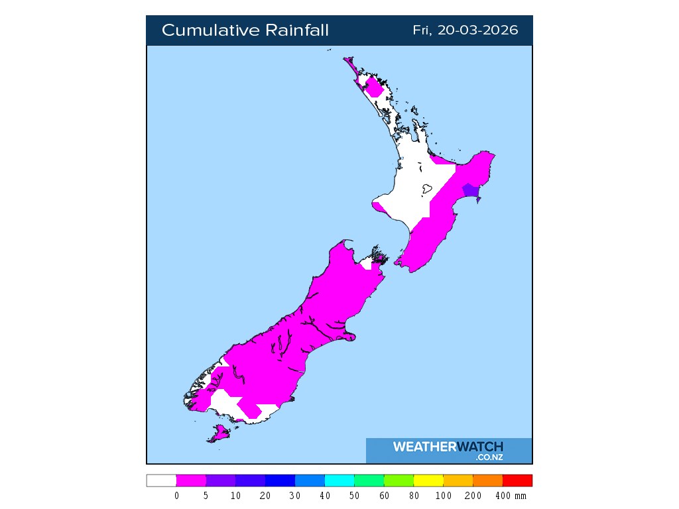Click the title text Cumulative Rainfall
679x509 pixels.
click(x=245, y=30)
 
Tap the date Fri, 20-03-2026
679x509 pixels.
click(x=465, y=30)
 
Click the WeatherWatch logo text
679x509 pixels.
click(x=448, y=447)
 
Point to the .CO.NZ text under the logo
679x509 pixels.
click(x=489, y=457)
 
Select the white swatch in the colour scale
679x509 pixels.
click(x=161, y=481)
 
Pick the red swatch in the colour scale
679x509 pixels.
click(x=517, y=481)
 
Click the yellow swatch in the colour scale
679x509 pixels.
click(x=428, y=481)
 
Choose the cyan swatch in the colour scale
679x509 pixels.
click(x=339, y=481)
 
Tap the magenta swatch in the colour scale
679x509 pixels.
click(x=191, y=481)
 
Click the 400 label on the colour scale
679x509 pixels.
click(x=503, y=496)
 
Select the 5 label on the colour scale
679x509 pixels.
click(x=206, y=496)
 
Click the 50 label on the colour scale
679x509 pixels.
click(x=354, y=496)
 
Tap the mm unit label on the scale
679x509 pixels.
click(x=521, y=496)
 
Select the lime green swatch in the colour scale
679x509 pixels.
click(x=399, y=481)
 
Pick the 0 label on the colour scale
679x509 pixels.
click(x=176, y=496)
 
